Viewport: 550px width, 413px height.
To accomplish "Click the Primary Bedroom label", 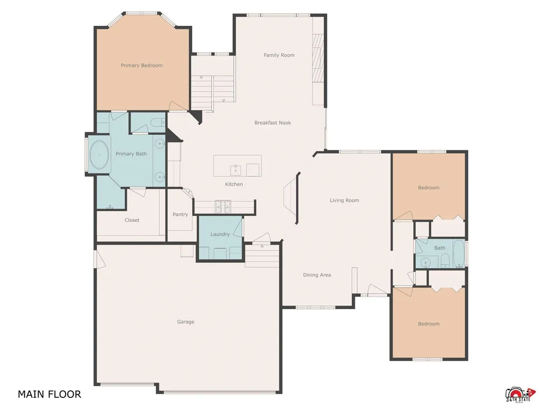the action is (141, 65).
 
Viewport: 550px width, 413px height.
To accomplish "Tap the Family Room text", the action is (279, 55).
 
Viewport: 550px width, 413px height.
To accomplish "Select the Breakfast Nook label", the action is (272, 123).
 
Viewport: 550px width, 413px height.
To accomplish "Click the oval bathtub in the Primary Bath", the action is (99, 154).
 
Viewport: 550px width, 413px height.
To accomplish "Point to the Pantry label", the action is (180, 214).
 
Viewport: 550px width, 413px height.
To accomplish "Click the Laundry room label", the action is (220, 234).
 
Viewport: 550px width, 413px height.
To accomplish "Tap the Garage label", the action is (185, 322).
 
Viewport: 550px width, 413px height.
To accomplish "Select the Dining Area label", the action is (317, 275).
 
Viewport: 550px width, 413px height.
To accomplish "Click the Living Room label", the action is (344, 200).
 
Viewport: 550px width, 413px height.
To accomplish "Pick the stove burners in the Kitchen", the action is (223, 207).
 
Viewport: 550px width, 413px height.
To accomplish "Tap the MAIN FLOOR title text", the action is (49, 394).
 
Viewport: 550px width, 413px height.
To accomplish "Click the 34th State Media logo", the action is (520, 395).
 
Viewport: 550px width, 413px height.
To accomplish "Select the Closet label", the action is (132, 220).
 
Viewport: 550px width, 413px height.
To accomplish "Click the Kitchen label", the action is (234, 184).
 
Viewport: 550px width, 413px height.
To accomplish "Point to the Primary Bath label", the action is (131, 154).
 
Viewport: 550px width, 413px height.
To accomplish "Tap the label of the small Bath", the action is (439, 248).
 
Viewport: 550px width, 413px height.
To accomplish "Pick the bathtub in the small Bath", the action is (459, 254).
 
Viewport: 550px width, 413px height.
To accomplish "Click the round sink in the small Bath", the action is (425, 262).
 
